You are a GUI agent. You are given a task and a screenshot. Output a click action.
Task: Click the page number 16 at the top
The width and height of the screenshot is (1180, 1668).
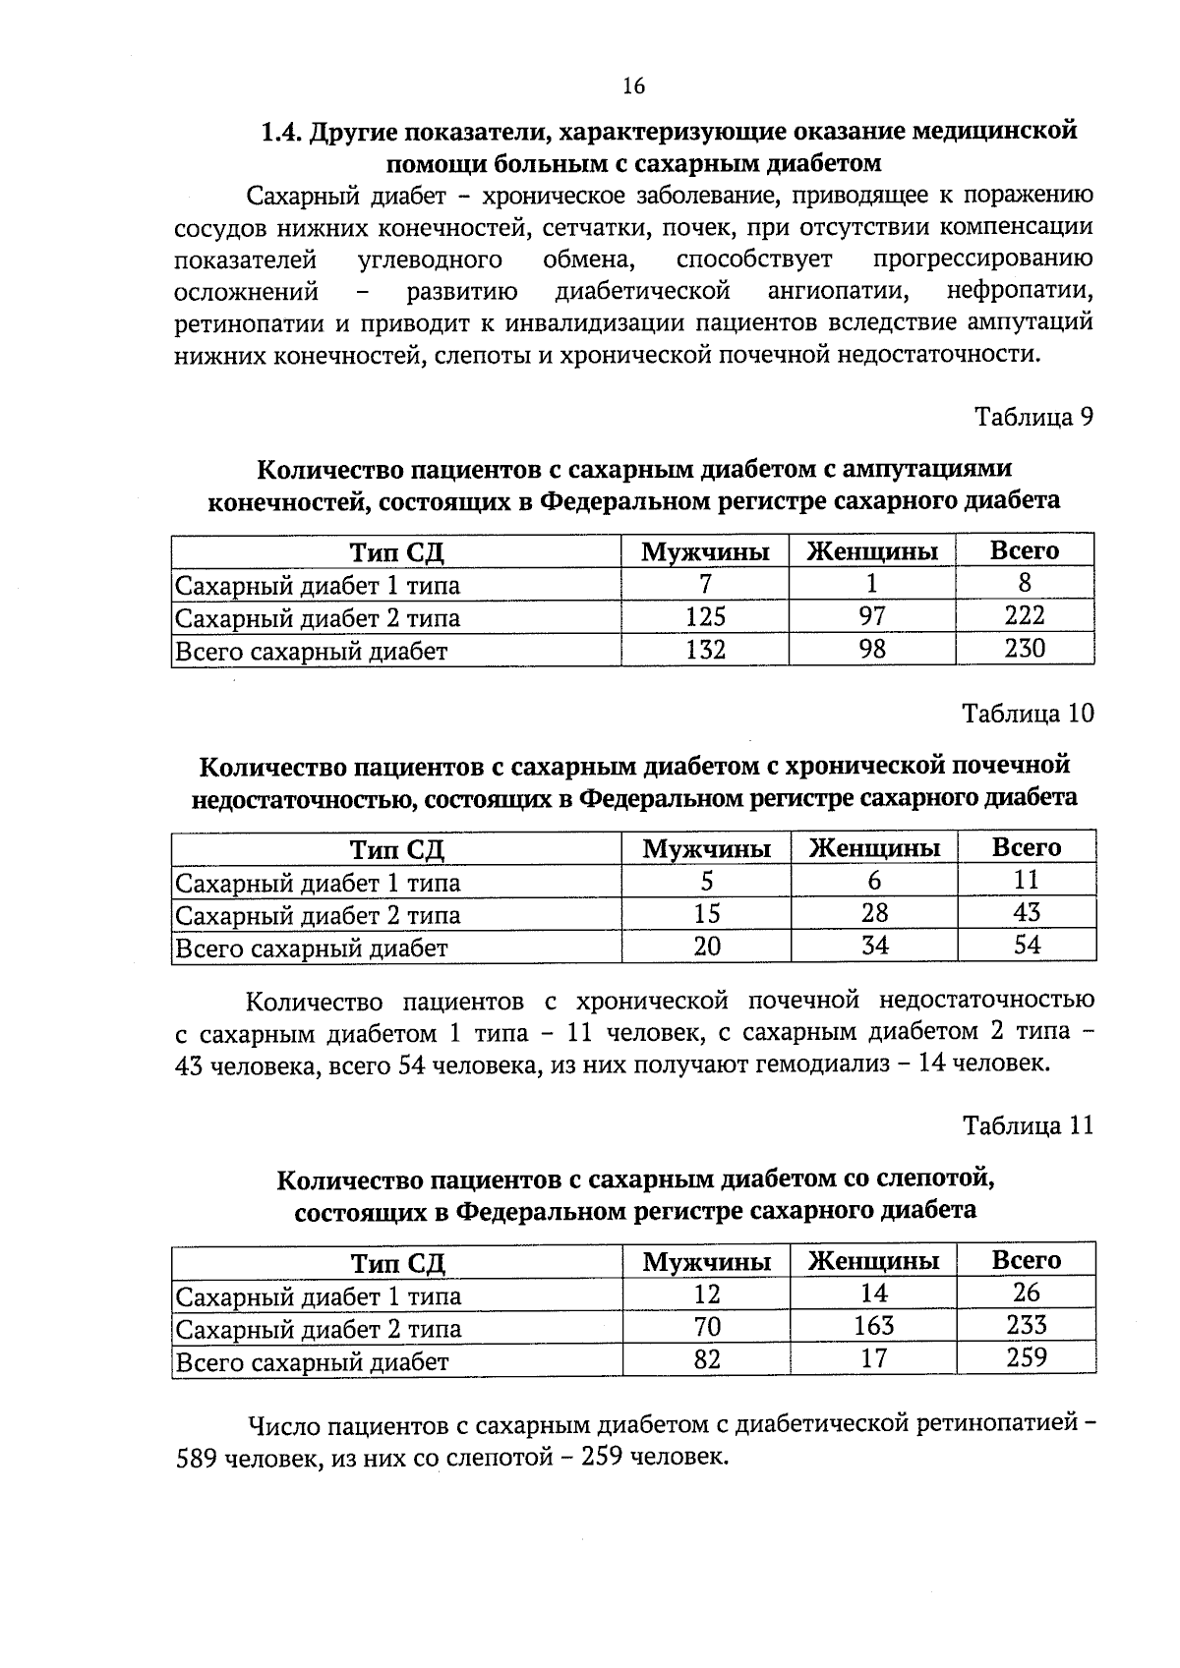click(633, 86)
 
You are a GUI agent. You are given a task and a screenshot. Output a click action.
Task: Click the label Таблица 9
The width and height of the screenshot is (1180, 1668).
click(1033, 417)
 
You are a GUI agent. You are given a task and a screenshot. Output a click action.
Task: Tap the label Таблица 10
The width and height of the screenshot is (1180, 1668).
click(1028, 713)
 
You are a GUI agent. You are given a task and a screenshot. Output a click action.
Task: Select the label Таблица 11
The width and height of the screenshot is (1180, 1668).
click(1028, 1125)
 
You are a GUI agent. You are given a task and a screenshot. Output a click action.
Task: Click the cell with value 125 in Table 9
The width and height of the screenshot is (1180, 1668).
click(705, 616)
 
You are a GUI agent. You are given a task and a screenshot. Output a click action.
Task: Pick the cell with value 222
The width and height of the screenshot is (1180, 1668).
click(1025, 616)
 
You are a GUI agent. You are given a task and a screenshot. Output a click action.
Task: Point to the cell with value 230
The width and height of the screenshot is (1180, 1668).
click(1025, 649)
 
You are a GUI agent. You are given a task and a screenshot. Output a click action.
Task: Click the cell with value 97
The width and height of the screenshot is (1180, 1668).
click(871, 616)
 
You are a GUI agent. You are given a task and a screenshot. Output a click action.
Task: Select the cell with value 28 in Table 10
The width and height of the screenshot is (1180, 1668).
click(874, 913)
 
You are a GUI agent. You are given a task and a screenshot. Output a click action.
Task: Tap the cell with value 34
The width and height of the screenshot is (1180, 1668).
click(874, 946)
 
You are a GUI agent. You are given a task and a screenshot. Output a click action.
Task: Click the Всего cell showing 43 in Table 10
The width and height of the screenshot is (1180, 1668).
click(1027, 913)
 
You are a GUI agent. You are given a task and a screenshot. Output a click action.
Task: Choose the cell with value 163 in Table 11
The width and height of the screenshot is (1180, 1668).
click(873, 1326)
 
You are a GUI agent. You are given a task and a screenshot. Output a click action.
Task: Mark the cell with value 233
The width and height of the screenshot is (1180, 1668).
click(1027, 1326)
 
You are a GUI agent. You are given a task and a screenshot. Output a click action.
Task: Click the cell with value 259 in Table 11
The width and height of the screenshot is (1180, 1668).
click(1027, 1358)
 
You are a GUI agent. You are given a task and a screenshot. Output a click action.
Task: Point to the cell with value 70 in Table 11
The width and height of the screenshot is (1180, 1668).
click(707, 1327)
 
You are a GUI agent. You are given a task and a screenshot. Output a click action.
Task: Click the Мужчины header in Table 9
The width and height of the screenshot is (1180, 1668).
click(705, 551)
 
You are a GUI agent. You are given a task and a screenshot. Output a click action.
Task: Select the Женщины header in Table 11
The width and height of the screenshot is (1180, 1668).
click(873, 1261)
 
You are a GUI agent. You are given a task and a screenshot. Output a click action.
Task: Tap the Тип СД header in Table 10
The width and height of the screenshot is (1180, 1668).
click(397, 848)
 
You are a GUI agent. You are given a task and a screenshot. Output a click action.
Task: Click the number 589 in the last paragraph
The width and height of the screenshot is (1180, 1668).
click(197, 1457)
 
